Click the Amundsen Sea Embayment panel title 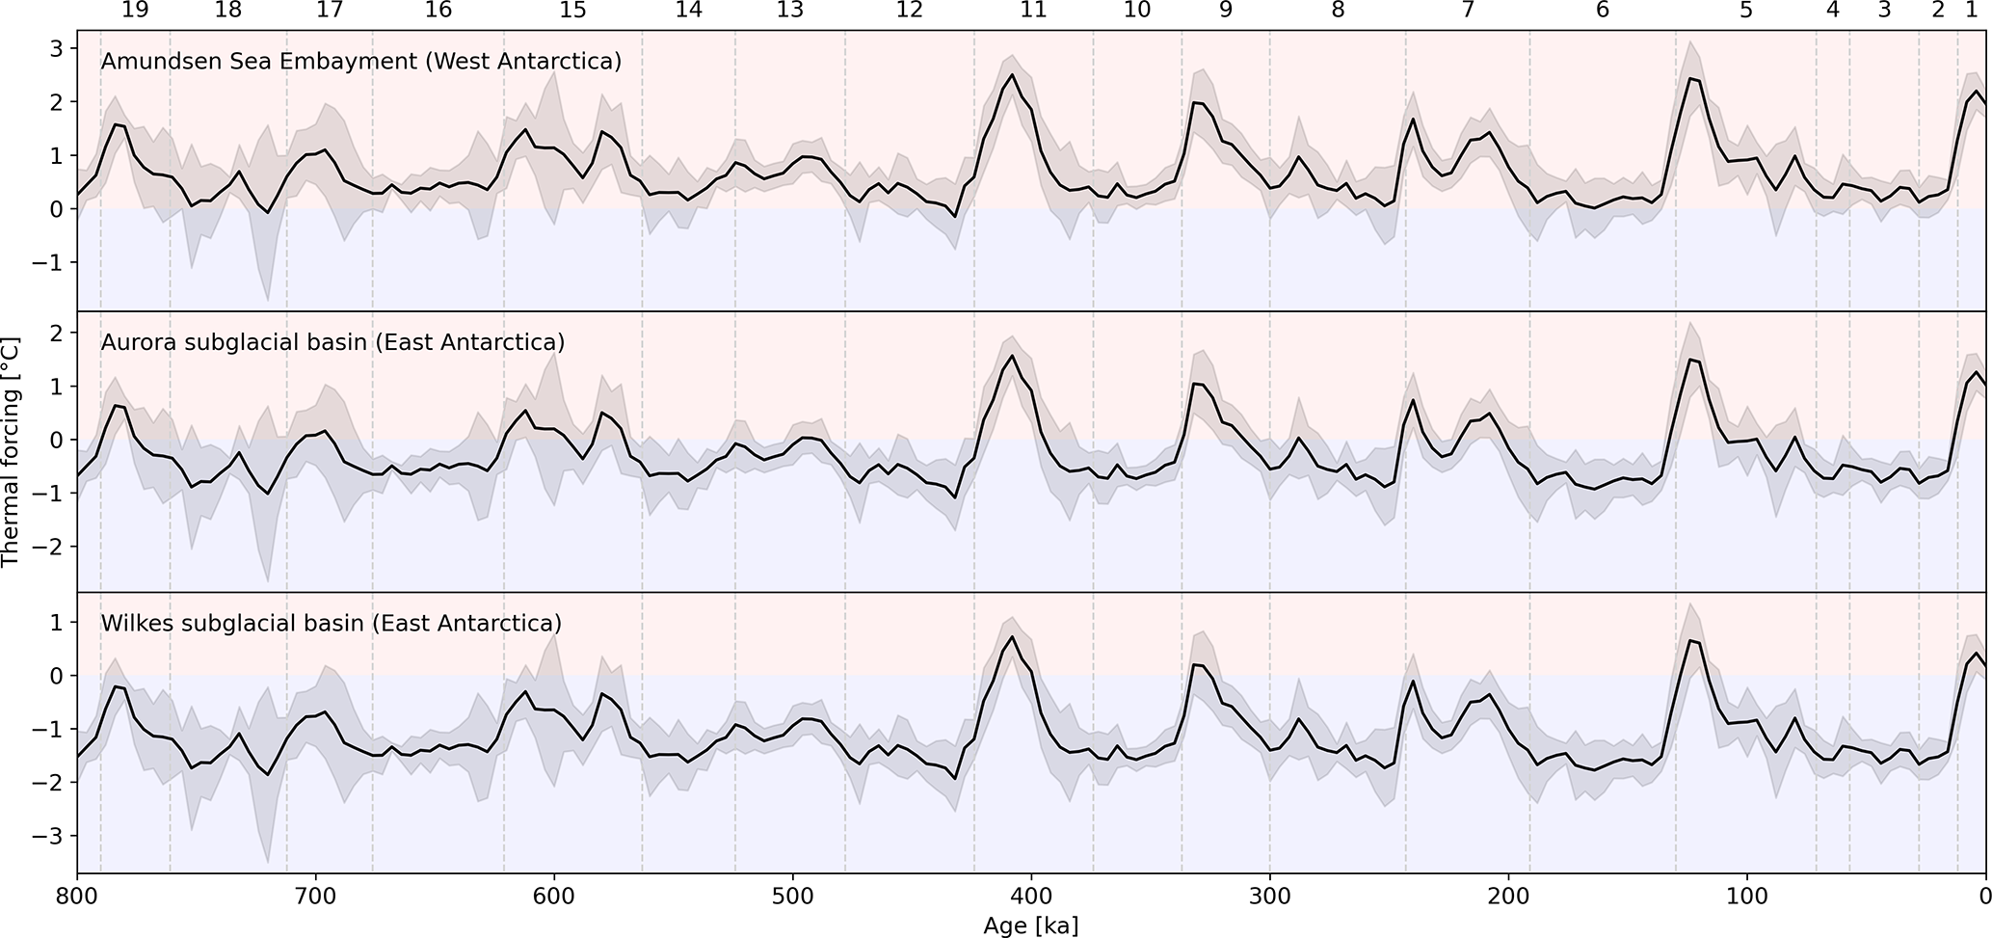pos(360,62)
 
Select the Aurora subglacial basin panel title pos(332,342)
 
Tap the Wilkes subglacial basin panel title pos(331,623)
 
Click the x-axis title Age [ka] pos(1030,926)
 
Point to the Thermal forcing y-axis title pos(12,451)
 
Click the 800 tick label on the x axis pos(77,896)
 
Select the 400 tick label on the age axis pos(1031,896)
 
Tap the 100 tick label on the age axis pos(1746,896)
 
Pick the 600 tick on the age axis pos(554,896)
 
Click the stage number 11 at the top pos(1032,11)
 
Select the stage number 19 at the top pos(135,11)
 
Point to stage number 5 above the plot pos(1746,11)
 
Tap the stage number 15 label pos(572,11)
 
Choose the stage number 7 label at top pos(1468,11)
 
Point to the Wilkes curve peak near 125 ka pos(1691,640)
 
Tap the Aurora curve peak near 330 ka pos(1194,384)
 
